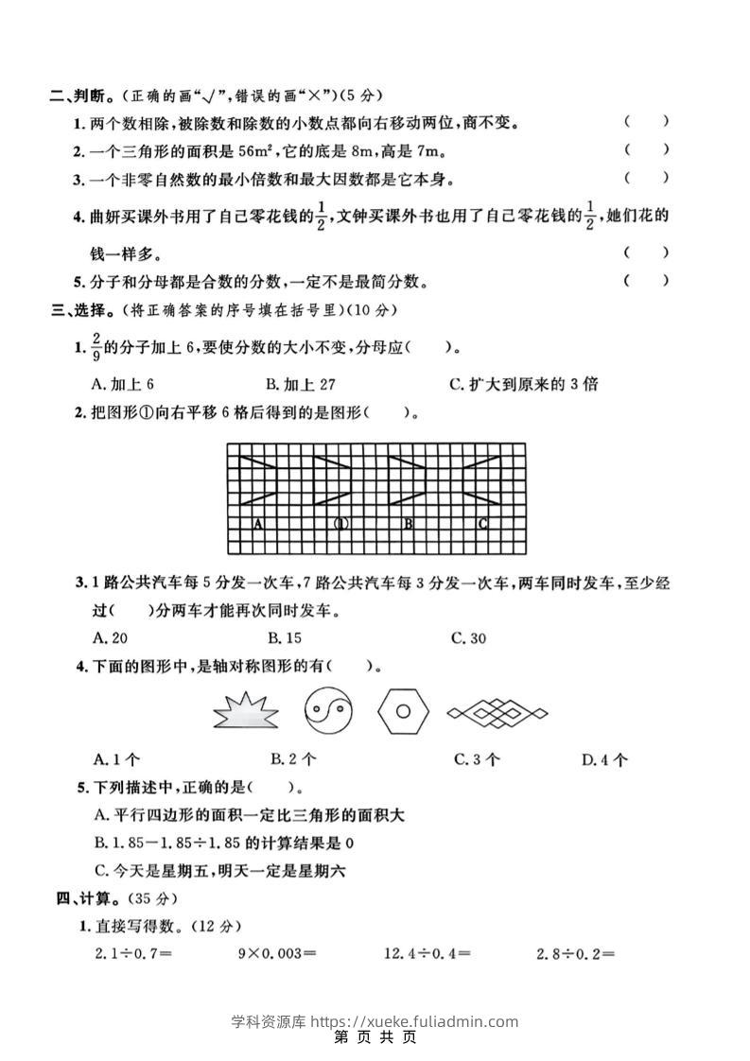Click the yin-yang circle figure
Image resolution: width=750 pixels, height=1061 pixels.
tap(328, 709)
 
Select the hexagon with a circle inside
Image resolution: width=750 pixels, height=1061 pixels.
tap(403, 709)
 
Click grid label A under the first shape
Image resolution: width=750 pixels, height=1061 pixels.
tap(257, 523)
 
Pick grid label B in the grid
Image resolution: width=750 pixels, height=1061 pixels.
tap(408, 523)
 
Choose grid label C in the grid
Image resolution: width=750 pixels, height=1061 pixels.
tap(482, 523)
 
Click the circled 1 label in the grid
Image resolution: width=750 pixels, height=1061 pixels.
tap(342, 523)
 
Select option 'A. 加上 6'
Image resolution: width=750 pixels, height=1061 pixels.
tap(123, 384)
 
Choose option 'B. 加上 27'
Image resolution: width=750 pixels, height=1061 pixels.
tap(302, 384)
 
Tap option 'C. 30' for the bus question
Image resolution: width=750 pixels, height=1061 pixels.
tap(469, 638)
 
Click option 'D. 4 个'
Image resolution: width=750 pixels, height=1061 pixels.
tap(605, 758)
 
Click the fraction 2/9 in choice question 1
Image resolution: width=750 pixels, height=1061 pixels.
tap(95, 348)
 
